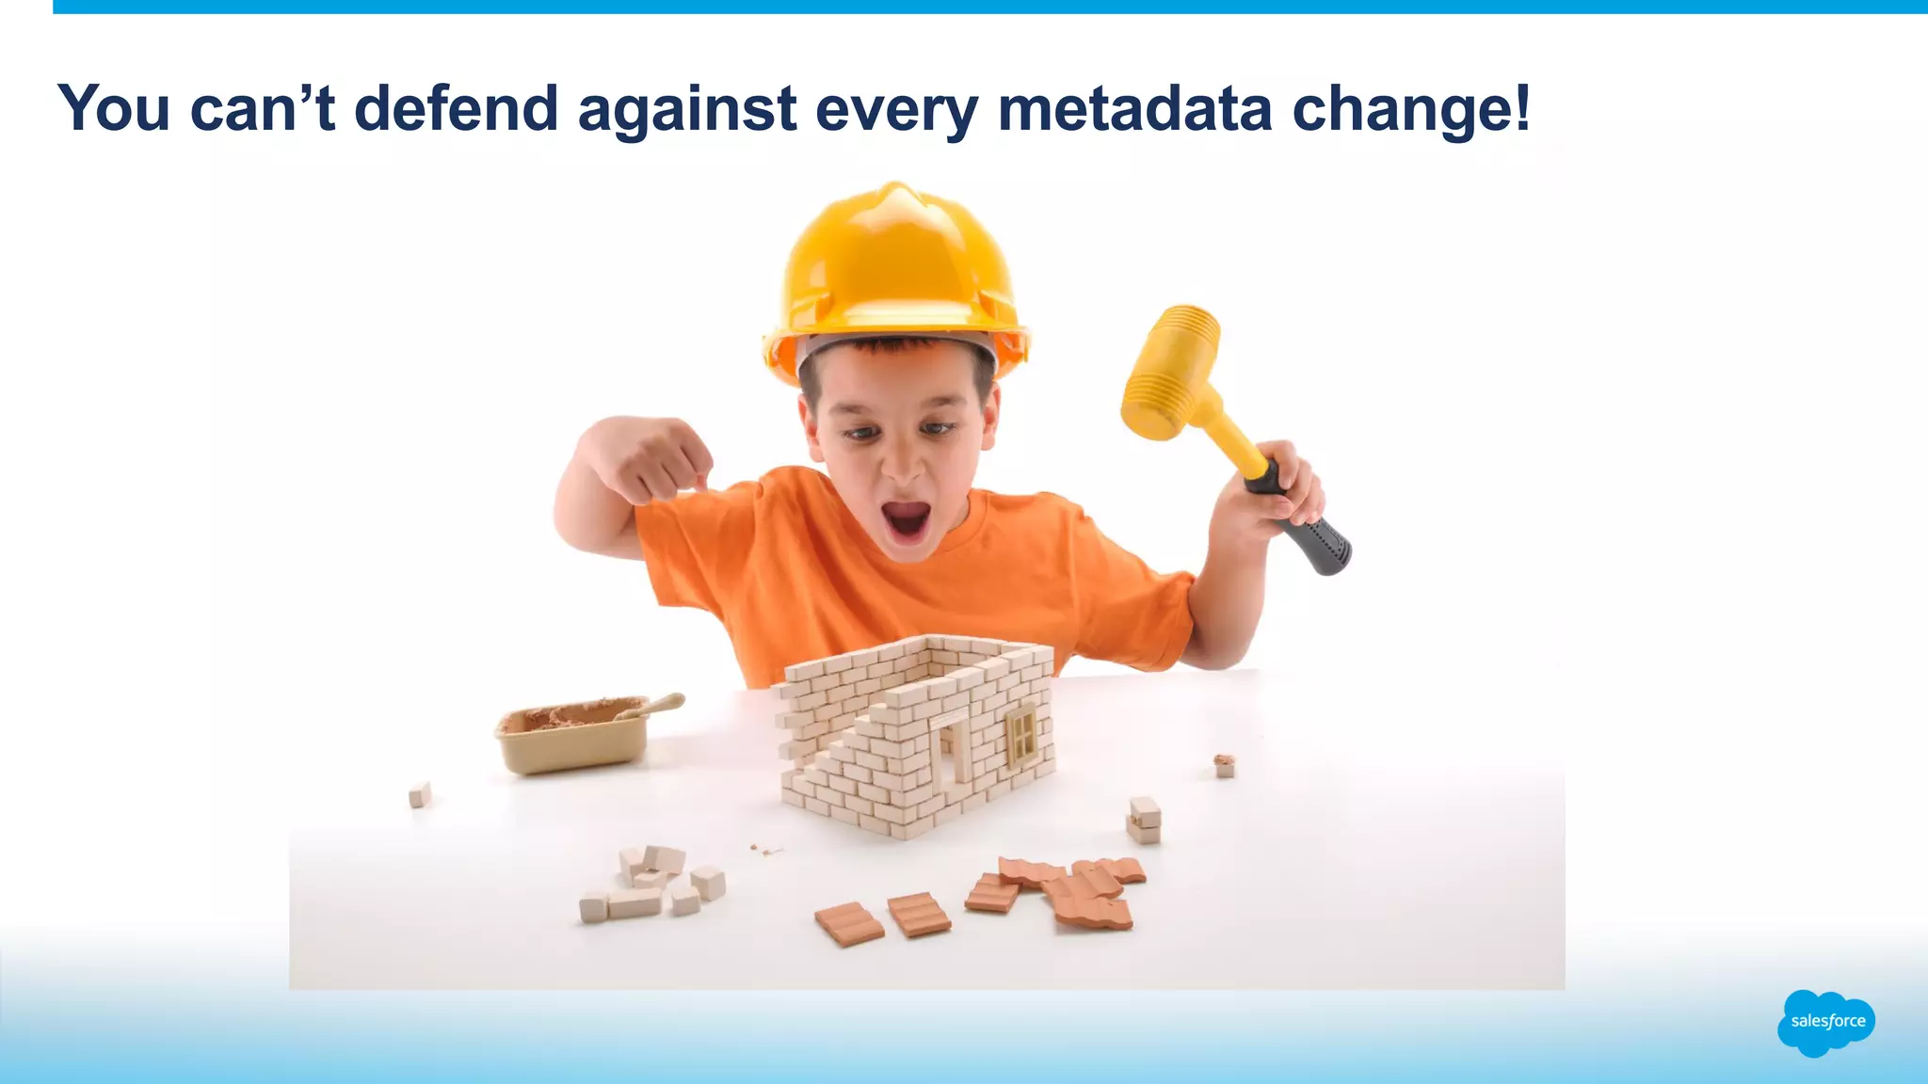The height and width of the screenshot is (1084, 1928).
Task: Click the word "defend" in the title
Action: (456, 108)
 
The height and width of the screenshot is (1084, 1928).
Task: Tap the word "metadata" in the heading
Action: (1134, 108)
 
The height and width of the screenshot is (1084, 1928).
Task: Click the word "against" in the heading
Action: (687, 110)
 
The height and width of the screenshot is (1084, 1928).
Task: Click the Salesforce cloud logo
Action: (1826, 1022)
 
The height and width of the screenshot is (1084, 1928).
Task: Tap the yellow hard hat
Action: (894, 273)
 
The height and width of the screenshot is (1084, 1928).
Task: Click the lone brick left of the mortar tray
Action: (420, 795)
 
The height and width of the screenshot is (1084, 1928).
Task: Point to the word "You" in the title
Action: (114, 108)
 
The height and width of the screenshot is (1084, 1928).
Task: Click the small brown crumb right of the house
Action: (1223, 764)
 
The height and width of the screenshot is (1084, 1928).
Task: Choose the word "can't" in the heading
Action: (263, 108)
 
